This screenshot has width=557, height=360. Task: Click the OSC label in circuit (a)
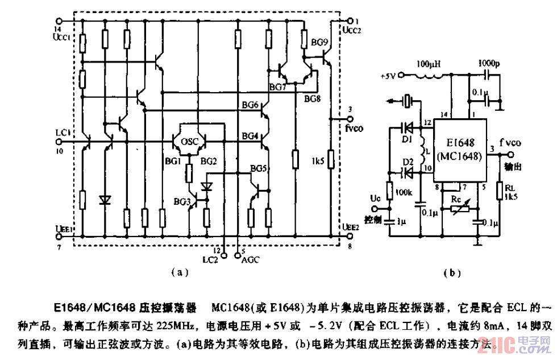pyautogui.click(x=189, y=142)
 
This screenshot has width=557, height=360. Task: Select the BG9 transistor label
pyautogui.click(x=319, y=42)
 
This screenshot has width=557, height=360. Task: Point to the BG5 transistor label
pyautogui.click(x=258, y=168)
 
